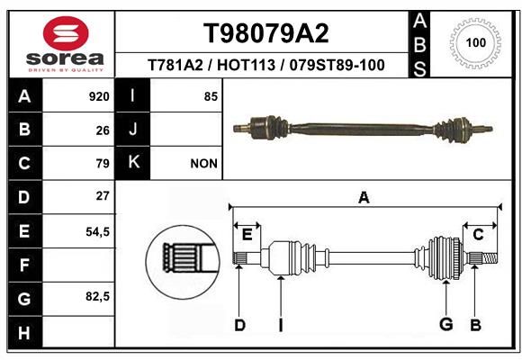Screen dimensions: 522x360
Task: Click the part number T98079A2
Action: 266,33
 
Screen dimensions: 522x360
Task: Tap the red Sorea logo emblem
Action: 66,33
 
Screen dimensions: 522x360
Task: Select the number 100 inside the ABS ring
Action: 476,42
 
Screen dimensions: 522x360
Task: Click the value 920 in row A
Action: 99,96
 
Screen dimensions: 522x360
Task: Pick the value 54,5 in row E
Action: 97,232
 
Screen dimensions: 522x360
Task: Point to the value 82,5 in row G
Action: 97,296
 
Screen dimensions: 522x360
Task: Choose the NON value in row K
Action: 203,164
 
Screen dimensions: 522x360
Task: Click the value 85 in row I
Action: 211,96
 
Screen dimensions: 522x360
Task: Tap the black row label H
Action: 25,333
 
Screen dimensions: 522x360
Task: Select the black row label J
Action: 132,130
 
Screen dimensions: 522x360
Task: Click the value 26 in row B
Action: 103,130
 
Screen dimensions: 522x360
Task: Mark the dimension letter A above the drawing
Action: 364,197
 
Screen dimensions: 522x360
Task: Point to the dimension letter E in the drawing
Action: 247,235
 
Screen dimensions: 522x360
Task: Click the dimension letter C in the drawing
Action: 478,235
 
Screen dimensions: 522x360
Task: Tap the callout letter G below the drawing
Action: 446,324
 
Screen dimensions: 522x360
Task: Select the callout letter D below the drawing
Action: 239,325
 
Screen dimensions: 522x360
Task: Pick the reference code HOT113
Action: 246,65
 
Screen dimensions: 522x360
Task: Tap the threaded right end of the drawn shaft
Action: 490,257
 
